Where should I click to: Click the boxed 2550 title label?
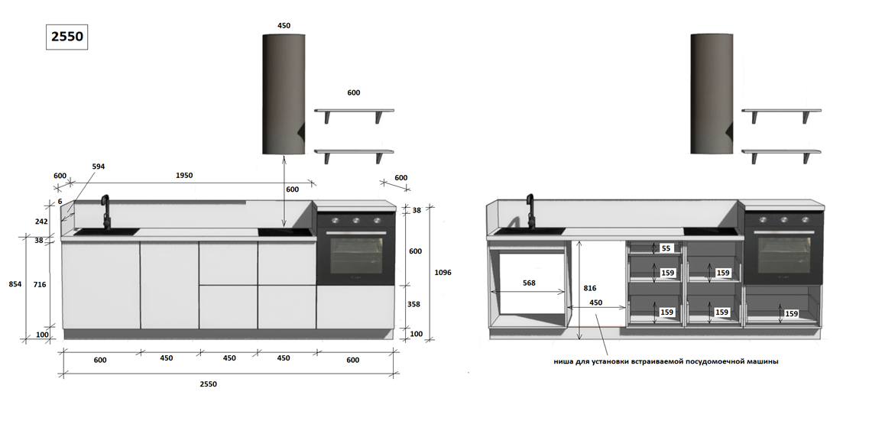click(x=67, y=37)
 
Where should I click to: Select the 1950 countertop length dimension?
click(x=184, y=175)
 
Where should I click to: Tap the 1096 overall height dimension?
click(x=443, y=272)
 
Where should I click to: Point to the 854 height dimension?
click(x=15, y=283)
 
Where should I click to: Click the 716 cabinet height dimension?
click(x=39, y=284)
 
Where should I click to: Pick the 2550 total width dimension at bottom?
click(x=209, y=384)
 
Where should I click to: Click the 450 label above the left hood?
click(x=284, y=25)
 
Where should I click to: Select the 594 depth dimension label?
click(x=98, y=167)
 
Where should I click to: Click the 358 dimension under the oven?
click(x=414, y=304)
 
